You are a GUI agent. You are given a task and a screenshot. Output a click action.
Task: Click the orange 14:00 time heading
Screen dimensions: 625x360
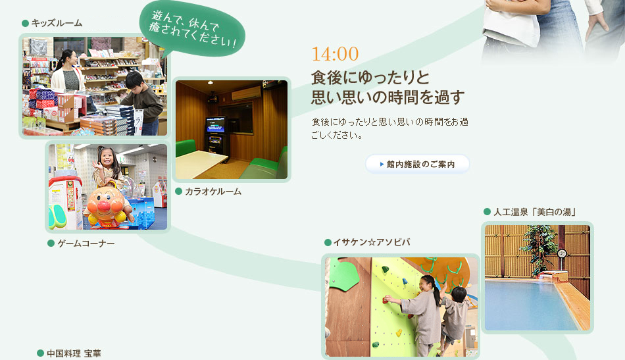[335, 54]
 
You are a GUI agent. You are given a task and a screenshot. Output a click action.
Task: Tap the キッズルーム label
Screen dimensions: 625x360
[57, 23]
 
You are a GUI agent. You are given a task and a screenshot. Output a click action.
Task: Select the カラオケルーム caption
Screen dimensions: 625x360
[213, 192]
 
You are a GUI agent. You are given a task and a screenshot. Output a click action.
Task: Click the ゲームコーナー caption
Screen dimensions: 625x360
[86, 244]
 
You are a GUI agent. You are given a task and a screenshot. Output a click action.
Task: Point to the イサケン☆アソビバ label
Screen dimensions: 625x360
[372, 242]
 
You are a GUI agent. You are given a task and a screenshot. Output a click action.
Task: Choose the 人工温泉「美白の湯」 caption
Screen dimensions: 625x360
[535, 212]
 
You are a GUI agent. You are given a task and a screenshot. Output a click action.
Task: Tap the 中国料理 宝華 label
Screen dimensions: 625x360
[74, 353]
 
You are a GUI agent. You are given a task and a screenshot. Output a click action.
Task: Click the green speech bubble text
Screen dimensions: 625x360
[192, 29]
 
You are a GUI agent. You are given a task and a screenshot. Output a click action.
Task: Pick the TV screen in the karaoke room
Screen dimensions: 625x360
[215, 125]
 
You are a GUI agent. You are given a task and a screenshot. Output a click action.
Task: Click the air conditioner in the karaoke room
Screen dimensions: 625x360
[246, 94]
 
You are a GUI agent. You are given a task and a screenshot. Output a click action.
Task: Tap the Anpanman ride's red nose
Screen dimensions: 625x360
[104, 206]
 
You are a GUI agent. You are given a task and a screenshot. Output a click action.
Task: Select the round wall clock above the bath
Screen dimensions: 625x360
[562, 253]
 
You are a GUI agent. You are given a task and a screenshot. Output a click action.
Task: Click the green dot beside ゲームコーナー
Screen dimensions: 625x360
[51, 244]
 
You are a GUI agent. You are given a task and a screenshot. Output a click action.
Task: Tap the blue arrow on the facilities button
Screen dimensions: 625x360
[382, 164]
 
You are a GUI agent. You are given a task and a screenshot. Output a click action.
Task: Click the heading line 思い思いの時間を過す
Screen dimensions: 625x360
[388, 97]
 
